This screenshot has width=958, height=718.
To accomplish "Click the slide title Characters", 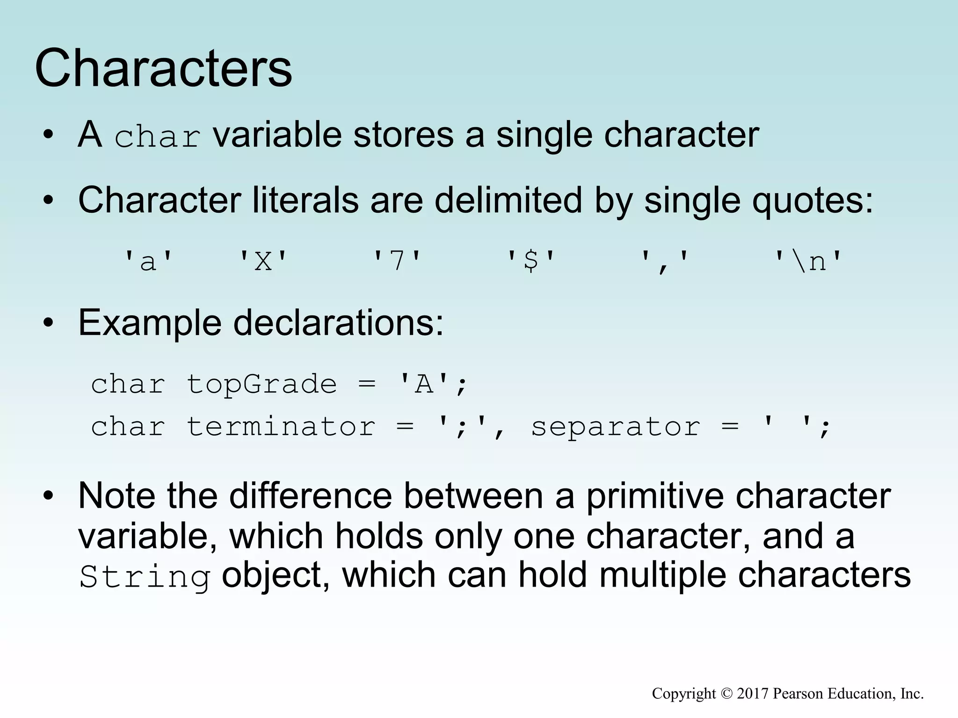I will click(x=163, y=69).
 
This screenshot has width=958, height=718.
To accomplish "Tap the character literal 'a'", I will click(x=148, y=261).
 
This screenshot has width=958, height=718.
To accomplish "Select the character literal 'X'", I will click(x=263, y=261).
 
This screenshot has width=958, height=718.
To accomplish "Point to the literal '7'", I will click(x=397, y=261).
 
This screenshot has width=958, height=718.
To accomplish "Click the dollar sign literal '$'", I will click(x=531, y=261).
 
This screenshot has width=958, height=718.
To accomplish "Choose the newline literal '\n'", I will click(x=808, y=261).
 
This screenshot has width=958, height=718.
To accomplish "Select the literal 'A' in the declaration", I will click(x=424, y=384).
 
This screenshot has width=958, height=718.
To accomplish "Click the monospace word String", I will click(x=145, y=577).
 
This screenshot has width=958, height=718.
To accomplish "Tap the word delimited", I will click(x=508, y=201).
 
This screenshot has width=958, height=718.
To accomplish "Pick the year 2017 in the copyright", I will click(x=753, y=694).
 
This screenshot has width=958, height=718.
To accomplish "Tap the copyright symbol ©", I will click(x=726, y=694).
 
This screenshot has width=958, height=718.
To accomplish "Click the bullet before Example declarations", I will click(x=48, y=323).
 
